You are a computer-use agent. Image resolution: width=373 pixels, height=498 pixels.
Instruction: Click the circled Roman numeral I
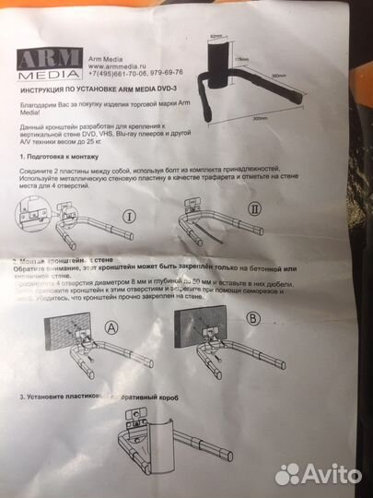(x=155, y=218)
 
